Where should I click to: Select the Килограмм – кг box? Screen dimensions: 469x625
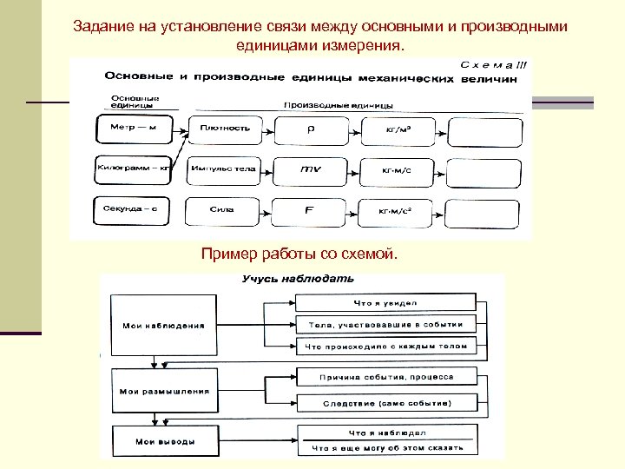(x=133, y=168)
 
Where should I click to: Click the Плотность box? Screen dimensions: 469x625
(x=226, y=129)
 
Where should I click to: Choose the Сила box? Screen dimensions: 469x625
(x=226, y=209)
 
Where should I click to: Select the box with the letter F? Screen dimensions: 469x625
(x=311, y=209)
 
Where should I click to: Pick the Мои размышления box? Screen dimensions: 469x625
(x=164, y=391)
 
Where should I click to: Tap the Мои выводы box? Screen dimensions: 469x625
(x=164, y=441)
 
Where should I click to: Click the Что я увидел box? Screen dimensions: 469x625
(x=385, y=302)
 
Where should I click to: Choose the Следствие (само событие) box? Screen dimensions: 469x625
(x=386, y=403)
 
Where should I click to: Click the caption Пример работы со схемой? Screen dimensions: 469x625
(x=299, y=254)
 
